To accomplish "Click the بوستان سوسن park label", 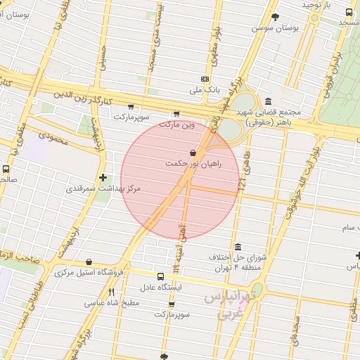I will tap(276, 27).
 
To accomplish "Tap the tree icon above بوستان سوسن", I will tap(275, 16).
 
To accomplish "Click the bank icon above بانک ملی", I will tap(205, 79).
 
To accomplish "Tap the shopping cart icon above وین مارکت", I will tap(176, 113).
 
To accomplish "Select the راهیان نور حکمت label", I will tap(193, 163).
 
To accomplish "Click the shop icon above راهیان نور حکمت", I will tap(193, 153).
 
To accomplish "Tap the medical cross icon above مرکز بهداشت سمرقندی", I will tap(103, 178).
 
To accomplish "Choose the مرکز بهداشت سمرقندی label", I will tap(103, 189).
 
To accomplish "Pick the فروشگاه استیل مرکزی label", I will tap(89, 272).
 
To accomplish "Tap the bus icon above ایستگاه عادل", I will tap(160, 276).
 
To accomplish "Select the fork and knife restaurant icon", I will tap(111, 292).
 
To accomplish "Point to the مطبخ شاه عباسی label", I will tap(112, 303).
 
